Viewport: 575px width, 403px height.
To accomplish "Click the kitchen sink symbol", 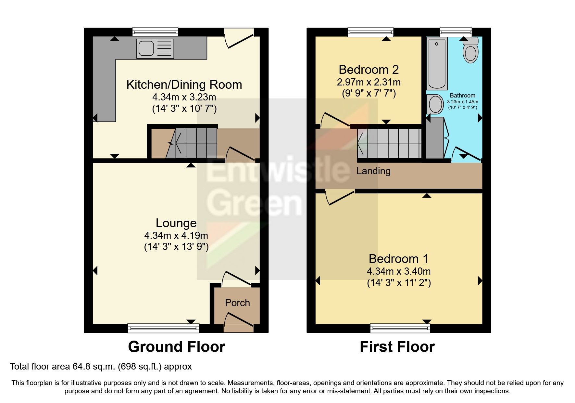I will point(155,49).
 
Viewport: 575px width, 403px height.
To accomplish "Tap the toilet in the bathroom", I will point(470,52).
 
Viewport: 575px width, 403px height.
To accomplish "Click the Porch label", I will point(237,303).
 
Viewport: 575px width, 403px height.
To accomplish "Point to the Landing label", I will point(373,171).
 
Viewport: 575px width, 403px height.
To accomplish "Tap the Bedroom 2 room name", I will point(369,70).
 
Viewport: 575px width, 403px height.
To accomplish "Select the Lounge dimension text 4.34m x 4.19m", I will point(176,236).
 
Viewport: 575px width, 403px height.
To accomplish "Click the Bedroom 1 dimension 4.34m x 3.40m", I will point(399,271).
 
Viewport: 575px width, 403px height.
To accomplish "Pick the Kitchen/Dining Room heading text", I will point(184,85).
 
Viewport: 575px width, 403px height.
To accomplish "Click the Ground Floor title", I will point(176,347).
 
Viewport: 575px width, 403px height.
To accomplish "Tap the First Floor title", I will point(397,347).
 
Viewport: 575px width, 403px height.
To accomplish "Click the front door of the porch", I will point(239,320).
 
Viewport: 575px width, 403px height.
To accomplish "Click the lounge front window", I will point(163,328).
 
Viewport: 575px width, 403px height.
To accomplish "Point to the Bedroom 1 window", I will point(400,328).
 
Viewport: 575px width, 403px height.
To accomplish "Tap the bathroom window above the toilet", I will point(456,32).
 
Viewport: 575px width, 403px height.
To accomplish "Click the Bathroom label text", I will point(462,96).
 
